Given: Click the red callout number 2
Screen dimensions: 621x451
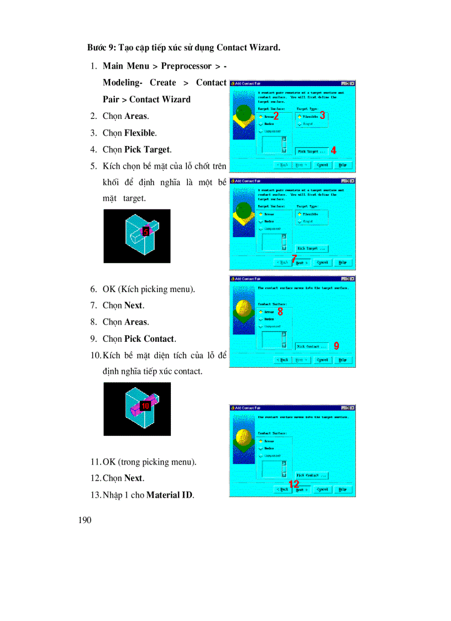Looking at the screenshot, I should point(276,116).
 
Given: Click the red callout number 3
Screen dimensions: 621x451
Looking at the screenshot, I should point(322,116).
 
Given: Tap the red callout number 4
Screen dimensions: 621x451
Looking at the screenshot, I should point(333,150).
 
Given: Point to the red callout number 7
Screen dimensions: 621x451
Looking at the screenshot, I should point(294,258).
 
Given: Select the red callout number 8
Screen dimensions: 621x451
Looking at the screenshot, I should point(280,311).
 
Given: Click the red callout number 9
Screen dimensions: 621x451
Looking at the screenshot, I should point(337,346).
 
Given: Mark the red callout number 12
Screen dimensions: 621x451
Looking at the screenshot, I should point(294,484).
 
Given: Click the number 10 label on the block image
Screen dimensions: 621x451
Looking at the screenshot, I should point(145,405).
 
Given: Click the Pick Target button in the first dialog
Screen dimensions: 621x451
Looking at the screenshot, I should point(311,150).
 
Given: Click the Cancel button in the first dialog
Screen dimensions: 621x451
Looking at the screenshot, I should point(322,165).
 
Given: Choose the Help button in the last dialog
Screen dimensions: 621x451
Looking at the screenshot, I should point(342,489).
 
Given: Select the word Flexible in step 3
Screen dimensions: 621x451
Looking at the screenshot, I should point(140,133).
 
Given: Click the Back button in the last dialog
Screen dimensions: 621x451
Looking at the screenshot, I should point(282,489).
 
